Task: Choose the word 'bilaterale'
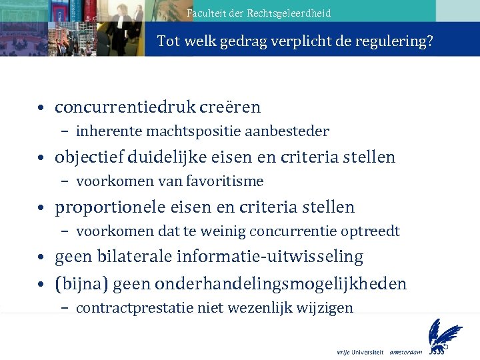coord(144,257)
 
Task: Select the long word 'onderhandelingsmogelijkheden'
coord(280,284)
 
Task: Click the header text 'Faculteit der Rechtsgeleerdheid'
coord(259,13)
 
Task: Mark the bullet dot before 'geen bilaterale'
coord(41,257)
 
